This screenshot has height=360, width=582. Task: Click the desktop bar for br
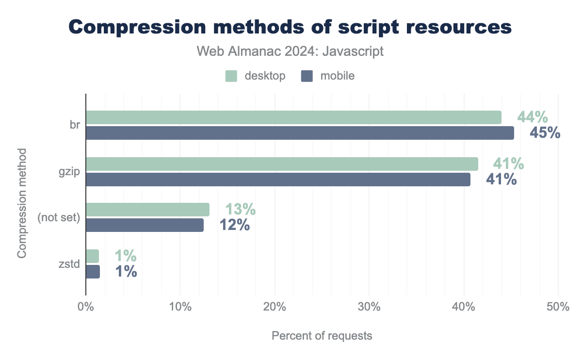[293, 117]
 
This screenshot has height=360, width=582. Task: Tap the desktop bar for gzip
[282, 164]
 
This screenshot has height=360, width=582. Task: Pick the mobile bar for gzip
[278, 180]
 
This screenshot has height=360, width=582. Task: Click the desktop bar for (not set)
[147, 210]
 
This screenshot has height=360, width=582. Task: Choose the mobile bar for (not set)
[145, 225]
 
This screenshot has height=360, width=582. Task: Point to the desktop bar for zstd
[92, 256]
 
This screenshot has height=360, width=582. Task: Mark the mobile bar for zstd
[93, 272]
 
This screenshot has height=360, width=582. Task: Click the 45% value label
[545, 133]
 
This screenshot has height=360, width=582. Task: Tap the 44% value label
[533, 117]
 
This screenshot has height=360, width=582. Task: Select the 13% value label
[240, 210]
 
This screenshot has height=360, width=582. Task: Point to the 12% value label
[234, 225]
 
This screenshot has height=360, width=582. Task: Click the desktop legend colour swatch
[231, 76]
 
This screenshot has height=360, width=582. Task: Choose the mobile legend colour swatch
[307, 76]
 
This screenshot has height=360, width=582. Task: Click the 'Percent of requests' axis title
[322, 336]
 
